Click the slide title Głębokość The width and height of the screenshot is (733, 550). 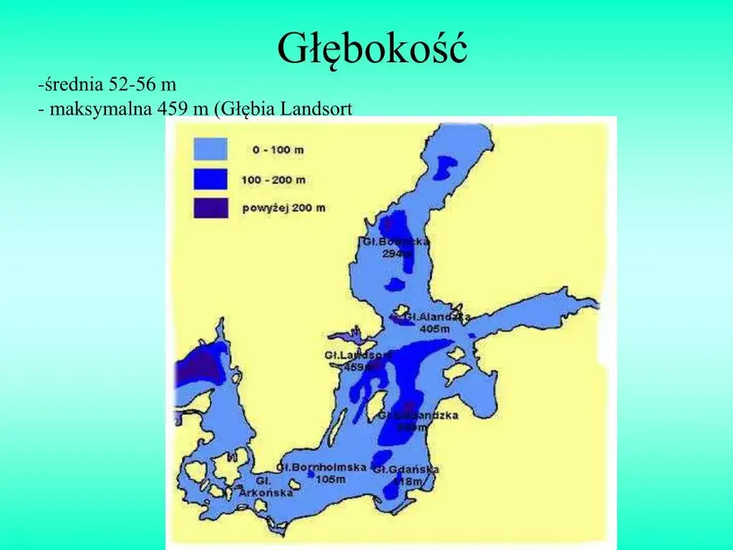[372, 49]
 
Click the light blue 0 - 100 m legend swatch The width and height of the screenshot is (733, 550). [210, 149]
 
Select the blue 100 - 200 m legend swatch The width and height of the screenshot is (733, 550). [210, 178]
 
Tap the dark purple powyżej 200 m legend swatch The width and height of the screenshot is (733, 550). [210, 208]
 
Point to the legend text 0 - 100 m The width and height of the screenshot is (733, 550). [278, 150]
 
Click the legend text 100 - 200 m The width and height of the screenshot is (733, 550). [273, 179]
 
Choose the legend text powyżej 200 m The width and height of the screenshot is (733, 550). [283, 208]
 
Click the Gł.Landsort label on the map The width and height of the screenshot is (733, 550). [358, 355]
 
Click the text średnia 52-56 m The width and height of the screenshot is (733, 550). [108, 85]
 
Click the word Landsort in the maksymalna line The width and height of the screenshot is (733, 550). [317, 109]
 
